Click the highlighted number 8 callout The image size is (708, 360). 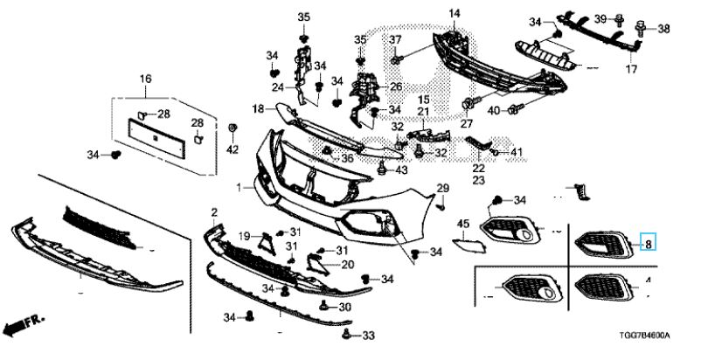pyautogui.click(x=649, y=244)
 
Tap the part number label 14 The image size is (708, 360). pyautogui.click(x=455, y=13)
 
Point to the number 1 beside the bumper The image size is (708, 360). pyautogui.click(x=238, y=187)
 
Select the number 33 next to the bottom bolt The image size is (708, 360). pyautogui.click(x=367, y=336)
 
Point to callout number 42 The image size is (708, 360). pyautogui.click(x=232, y=149)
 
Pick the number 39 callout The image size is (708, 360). pyautogui.click(x=625, y=19)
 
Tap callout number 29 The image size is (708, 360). pyautogui.click(x=442, y=190)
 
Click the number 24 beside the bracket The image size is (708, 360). pyautogui.click(x=277, y=87)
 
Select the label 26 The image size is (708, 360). pyautogui.click(x=395, y=87)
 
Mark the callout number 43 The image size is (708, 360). pyautogui.click(x=401, y=170)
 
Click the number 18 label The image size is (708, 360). pyautogui.click(x=259, y=108)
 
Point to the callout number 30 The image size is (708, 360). pyautogui.click(x=344, y=308)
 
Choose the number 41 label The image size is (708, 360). pyautogui.click(x=516, y=153)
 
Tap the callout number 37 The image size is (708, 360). pyautogui.click(x=395, y=41)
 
